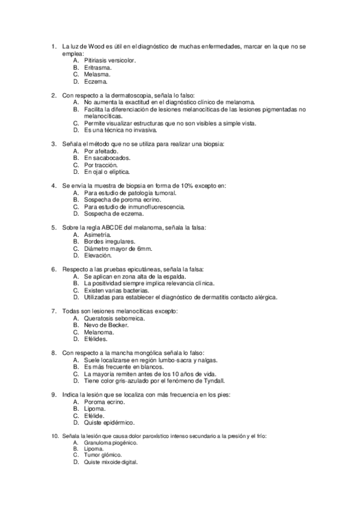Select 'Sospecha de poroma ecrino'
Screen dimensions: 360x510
121,200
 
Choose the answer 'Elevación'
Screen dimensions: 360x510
98,255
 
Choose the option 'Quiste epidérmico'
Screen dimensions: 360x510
109,422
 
